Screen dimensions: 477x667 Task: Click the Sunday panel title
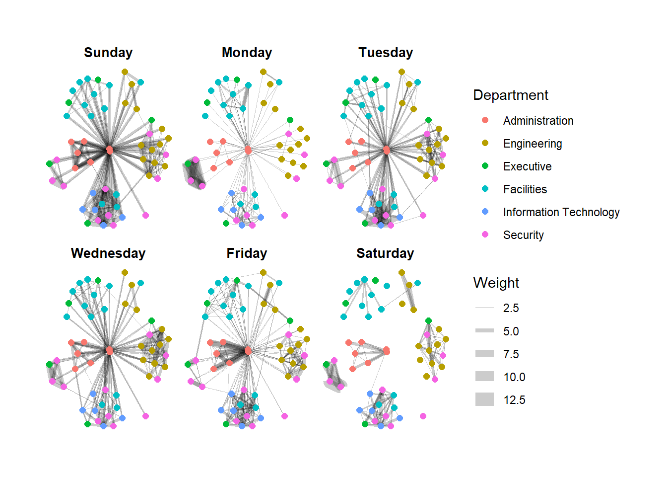click(x=108, y=53)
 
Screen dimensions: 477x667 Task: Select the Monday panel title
click(x=247, y=53)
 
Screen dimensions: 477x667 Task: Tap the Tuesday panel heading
click(x=386, y=53)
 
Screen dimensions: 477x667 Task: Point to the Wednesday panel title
click(x=108, y=253)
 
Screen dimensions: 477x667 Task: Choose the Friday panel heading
click(x=247, y=253)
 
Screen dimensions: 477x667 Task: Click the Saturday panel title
click(x=385, y=253)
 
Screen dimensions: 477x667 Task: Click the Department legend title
click(x=511, y=95)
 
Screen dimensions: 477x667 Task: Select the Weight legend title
click(x=496, y=283)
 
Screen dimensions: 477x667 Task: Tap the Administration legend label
click(x=538, y=121)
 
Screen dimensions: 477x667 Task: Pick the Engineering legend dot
click(x=485, y=143)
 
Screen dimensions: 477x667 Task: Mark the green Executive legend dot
click(x=485, y=166)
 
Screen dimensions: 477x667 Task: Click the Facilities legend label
click(x=525, y=189)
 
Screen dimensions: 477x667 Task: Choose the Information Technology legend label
click(x=561, y=212)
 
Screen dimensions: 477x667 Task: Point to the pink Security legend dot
click(x=485, y=235)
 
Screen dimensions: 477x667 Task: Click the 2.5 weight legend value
click(x=511, y=308)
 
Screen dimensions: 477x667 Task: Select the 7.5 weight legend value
click(x=511, y=354)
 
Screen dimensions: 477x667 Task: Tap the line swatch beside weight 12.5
click(x=484, y=399)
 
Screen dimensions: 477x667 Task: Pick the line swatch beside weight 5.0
click(x=484, y=331)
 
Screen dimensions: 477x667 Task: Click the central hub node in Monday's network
click(x=248, y=150)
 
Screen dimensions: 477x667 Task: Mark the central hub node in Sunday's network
click(x=110, y=150)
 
